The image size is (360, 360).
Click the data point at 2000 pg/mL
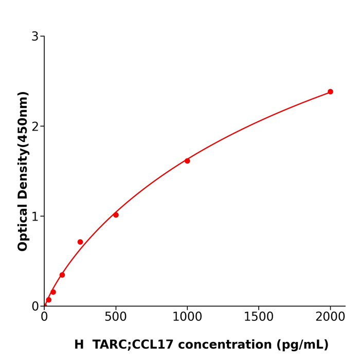(x=330, y=92)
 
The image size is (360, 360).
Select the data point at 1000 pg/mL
(x=187, y=161)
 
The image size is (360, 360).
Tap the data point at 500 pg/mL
(x=116, y=215)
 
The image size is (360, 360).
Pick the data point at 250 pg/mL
(x=80, y=242)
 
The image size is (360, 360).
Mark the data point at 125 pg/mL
(x=62, y=275)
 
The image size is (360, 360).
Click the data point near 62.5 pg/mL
(x=53, y=292)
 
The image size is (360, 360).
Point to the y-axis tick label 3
(x=35, y=37)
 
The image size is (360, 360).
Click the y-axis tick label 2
(x=35, y=127)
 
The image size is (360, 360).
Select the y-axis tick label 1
(x=35, y=217)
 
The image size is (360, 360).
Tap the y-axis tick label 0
(x=35, y=307)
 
